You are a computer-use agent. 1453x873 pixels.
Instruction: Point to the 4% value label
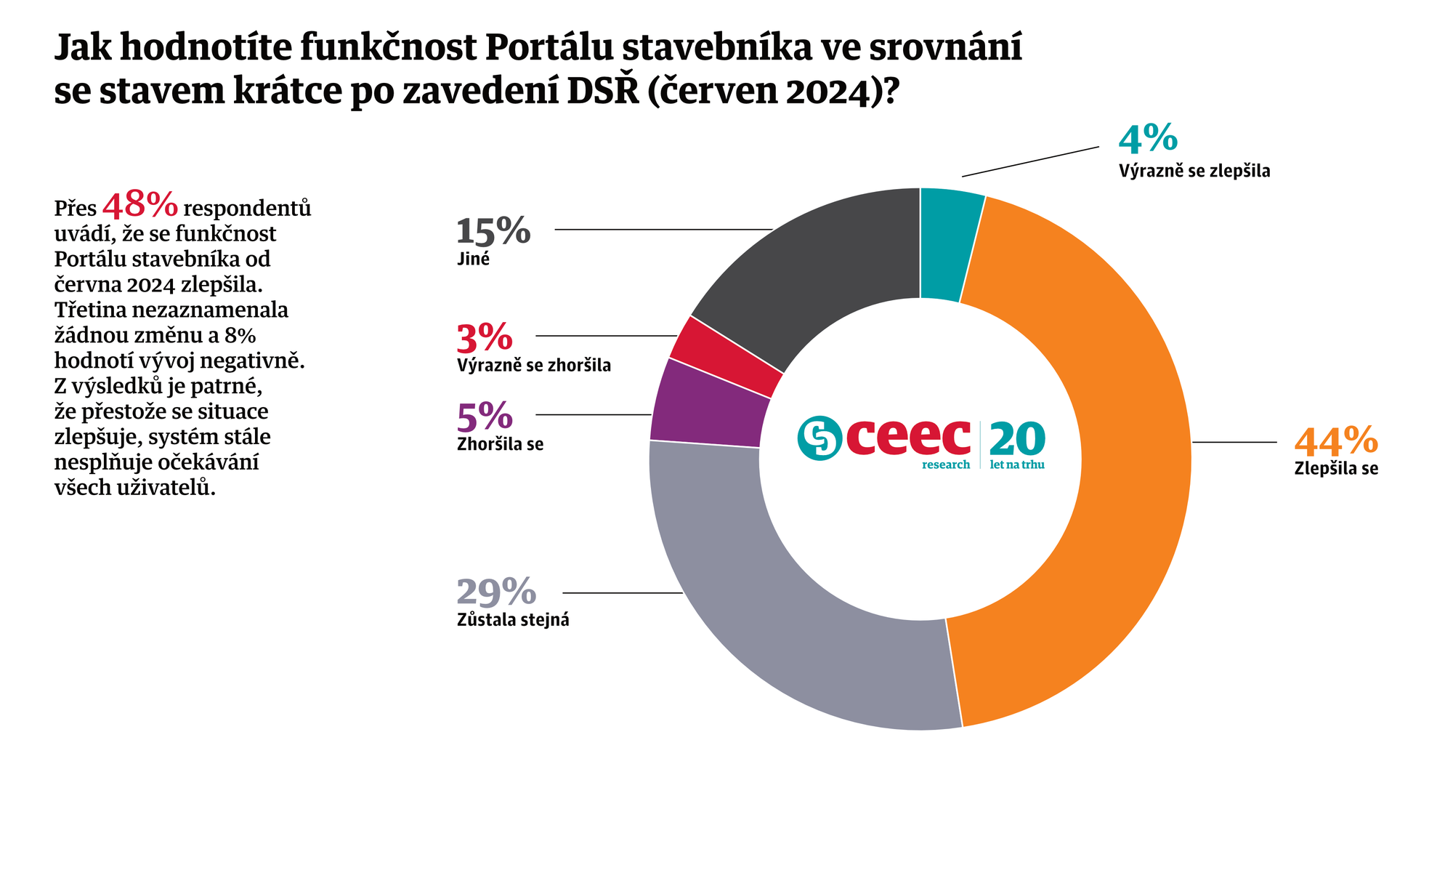tap(1148, 140)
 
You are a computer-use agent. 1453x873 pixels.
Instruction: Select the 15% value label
tap(493, 231)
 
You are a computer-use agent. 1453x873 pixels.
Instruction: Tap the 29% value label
tap(496, 592)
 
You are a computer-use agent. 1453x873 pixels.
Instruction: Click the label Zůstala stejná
tap(513, 621)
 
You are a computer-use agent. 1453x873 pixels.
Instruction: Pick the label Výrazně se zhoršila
tap(534, 366)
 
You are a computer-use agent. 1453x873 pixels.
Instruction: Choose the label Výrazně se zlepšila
tap(1194, 172)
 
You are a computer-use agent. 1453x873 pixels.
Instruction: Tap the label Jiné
tap(474, 260)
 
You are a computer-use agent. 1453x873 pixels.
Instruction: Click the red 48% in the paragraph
tap(140, 206)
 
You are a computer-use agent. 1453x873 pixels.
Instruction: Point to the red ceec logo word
tap(908, 438)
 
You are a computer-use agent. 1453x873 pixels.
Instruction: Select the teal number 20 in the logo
tap(1017, 439)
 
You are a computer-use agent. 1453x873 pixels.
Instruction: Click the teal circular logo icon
tap(819, 438)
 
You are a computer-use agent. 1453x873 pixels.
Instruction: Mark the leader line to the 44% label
tap(1234, 442)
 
